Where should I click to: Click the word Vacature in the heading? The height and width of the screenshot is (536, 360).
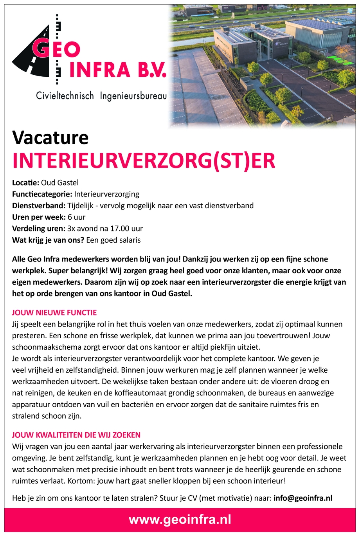tap(50, 137)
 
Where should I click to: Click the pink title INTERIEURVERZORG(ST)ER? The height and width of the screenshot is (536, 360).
tap(144, 161)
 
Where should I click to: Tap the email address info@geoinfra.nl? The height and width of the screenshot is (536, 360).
tap(303, 498)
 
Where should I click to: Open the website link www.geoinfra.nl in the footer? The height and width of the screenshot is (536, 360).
tap(180, 520)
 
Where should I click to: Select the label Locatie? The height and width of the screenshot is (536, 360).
tap(25, 182)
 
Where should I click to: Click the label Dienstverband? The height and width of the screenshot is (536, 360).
tap(38, 206)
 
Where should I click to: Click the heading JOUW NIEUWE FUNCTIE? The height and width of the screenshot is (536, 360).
tap(54, 312)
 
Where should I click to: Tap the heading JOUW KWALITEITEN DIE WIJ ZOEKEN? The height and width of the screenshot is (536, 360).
tap(76, 435)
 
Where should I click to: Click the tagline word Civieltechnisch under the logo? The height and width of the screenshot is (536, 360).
tap(65, 96)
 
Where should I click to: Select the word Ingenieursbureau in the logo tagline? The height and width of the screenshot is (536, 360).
tap(133, 96)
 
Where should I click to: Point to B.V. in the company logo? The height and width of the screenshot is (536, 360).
tap(150, 70)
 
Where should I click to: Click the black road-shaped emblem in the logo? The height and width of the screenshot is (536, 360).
tap(31, 59)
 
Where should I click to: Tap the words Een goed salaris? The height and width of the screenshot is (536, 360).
tap(113, 240)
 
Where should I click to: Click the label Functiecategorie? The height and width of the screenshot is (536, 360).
tap(42, 194)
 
